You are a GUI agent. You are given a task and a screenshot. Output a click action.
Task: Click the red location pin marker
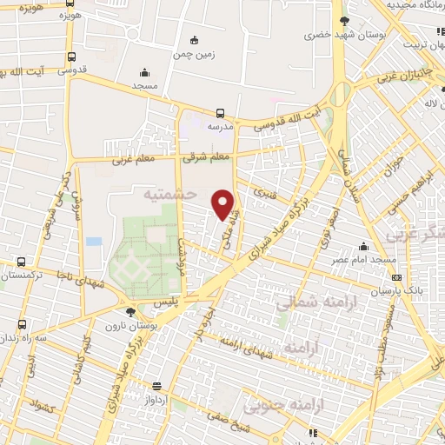(224, 203)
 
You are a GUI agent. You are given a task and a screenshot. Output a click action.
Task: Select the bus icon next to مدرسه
(220, 112)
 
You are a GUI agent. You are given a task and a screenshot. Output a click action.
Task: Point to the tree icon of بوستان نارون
(130, 312)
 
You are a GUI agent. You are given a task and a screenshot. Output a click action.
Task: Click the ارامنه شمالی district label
(305, 303)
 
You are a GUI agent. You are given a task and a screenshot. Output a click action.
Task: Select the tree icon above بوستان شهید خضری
(345, 21)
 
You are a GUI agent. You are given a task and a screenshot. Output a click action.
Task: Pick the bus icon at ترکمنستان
(22, 262)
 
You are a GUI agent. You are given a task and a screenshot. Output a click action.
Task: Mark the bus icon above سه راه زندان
(22, 324)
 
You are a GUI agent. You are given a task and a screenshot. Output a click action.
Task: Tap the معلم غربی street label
(131, 162)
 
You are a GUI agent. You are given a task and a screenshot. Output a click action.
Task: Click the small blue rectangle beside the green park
(94, 241)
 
